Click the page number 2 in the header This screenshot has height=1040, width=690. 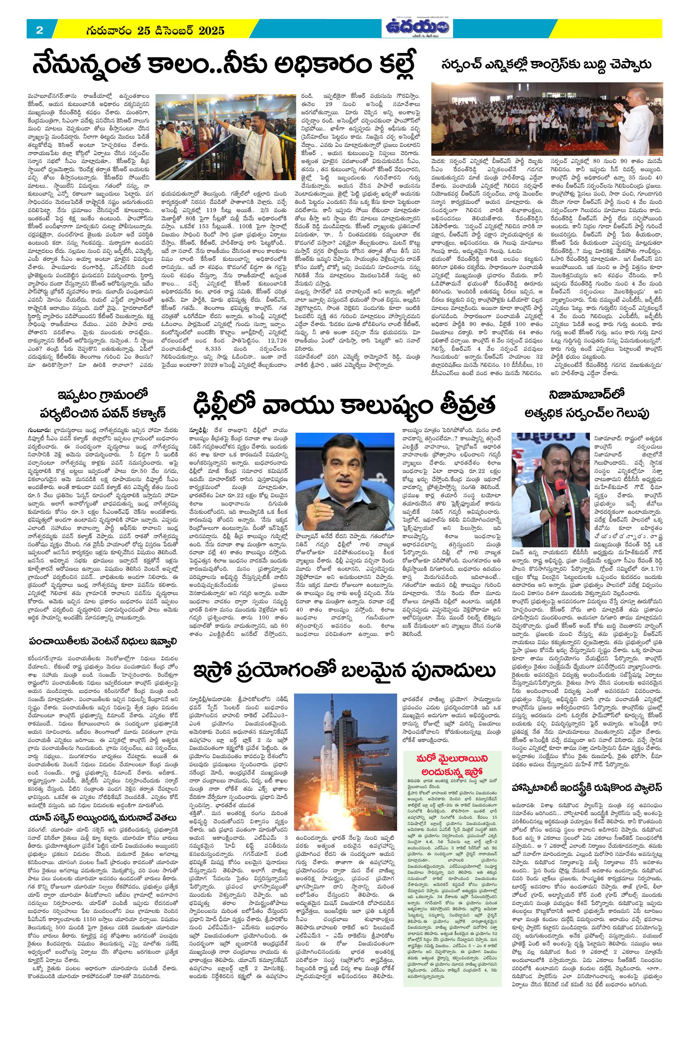39,30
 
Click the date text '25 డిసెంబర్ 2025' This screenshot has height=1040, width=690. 181,31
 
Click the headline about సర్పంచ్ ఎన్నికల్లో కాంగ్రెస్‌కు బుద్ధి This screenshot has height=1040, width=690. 547,64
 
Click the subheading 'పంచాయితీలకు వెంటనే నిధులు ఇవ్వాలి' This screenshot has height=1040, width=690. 102,643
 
